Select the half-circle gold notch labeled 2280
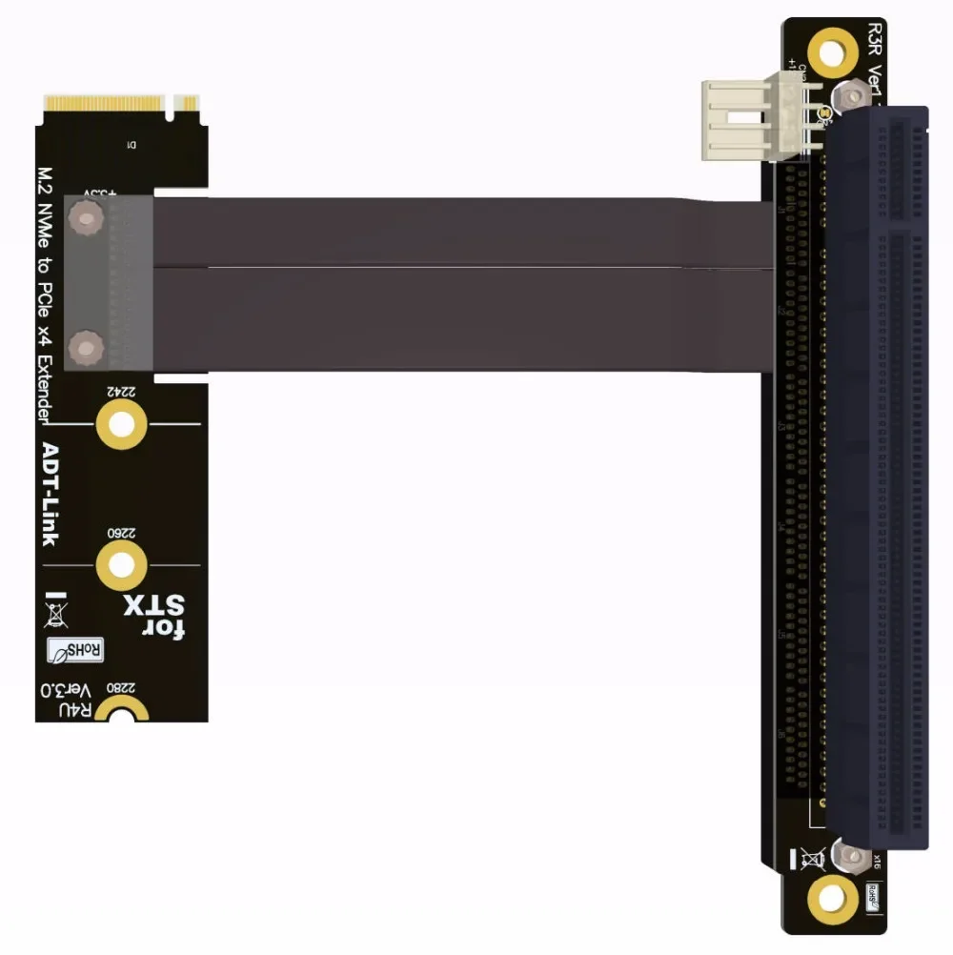pyautogui.click(x=122, y=710)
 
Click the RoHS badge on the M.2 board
pyautogui.click(x=76, y=651)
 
